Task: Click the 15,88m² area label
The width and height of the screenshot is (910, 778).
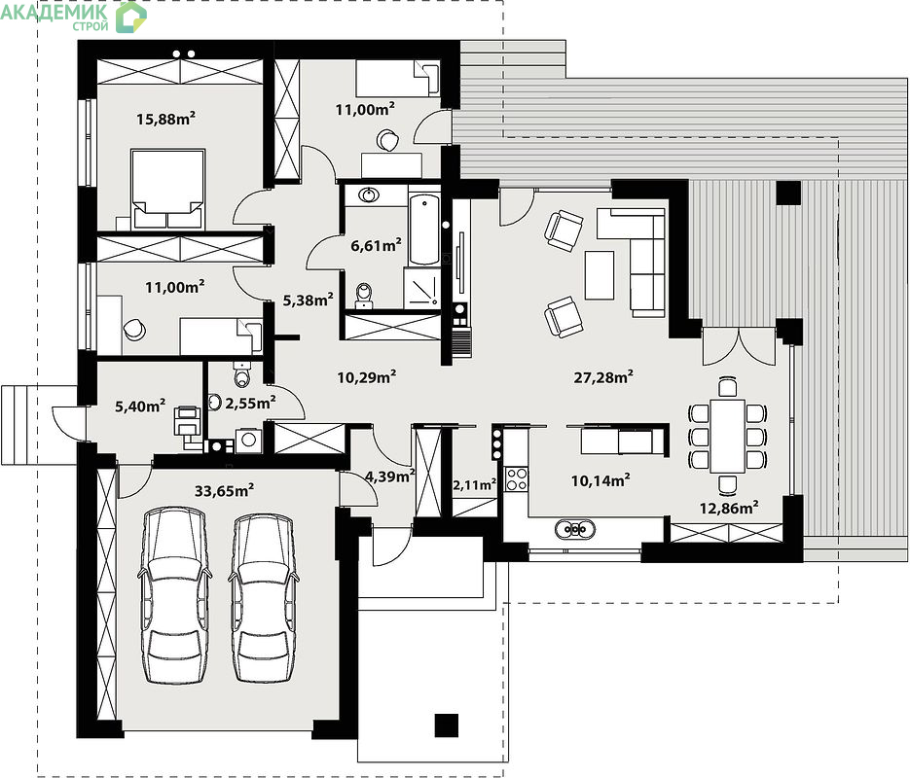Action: pyautogui.click(x=165, y=119)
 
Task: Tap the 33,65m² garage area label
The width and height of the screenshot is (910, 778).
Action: pyautogui.click(x=224, y=491)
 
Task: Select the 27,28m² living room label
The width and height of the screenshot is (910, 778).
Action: pyautogui.click(x=603, y=377)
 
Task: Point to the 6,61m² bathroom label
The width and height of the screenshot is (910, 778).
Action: pyautogui.click(x=376, y=246)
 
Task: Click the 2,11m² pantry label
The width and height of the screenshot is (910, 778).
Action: pyautogui.click(x=474, y=484)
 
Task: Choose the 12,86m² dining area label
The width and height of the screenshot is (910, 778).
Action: pyautogui.click(x=729, y=509)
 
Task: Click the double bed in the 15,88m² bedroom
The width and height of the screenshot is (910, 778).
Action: pyautogui.click(x=167, y=189)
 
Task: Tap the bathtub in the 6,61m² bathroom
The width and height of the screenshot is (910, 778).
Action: pyautogui.click(x=424, y=230)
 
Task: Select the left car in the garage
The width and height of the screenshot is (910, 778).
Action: pyautogui.click(x=174, y=595)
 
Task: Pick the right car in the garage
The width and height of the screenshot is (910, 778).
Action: pyautogui.click(x=264, y=598)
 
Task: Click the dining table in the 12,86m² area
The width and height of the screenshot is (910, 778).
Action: pyautogui.click(x=727, y=436)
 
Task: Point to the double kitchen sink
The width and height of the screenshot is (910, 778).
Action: pyautogui.click(x=574, y=529)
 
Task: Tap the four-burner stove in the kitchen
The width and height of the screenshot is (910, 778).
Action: pyautogui.click(x=516, y=479)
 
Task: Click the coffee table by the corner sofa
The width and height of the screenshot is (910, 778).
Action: pyautogui.click(x=599, y=275)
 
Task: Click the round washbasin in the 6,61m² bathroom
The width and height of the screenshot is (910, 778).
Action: pyautogui.click(x=368, y=194)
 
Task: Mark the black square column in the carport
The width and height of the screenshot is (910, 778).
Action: pyautogui.click(x=447, y=725)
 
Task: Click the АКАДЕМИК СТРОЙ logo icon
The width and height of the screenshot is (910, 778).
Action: pyautogui.click(x=131, y=18)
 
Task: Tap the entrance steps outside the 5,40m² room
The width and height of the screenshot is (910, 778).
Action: pyautogui.click(x=39, y=424)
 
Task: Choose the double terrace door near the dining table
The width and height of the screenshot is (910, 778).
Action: pyautogui.click(x=739, y=346)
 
